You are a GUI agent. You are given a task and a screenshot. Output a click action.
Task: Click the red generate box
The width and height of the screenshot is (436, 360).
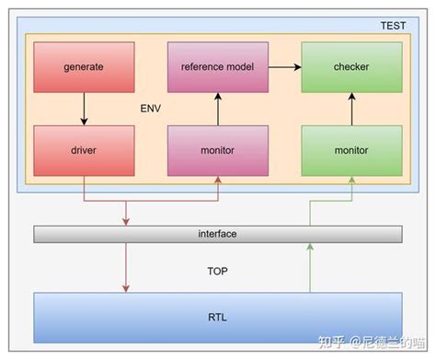(84, 67)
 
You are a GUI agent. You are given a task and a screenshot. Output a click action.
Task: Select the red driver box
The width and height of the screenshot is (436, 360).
(84, 149)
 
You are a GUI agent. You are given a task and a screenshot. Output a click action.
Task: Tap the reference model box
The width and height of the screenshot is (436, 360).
(217, 67)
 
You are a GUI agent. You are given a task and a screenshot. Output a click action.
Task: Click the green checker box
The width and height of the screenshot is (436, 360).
(351, 67)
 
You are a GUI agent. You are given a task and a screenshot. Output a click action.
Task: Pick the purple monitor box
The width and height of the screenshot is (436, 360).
(217, 149)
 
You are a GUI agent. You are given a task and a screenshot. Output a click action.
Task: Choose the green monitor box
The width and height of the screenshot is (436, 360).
(351, 149)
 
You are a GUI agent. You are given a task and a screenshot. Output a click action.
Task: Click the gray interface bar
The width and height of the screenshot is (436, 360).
(218, 234)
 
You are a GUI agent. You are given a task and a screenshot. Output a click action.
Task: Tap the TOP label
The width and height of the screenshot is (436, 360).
(218, 273)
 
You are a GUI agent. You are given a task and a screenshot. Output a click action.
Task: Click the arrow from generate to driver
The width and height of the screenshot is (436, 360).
(84, 108)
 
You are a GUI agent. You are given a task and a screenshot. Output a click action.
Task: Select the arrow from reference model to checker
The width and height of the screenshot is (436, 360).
(284, 67)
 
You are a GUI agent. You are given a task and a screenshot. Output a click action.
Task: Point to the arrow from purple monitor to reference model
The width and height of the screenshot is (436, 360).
(217, 108)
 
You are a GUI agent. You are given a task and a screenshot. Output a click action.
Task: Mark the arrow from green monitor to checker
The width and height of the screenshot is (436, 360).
(351, 108)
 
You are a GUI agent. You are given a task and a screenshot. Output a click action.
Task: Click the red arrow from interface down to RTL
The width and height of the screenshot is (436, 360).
(126, 268)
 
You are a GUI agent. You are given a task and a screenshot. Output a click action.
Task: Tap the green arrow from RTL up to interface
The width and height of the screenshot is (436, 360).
(311, 268)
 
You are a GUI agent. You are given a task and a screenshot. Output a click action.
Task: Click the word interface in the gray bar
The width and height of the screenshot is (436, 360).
(218, 234)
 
